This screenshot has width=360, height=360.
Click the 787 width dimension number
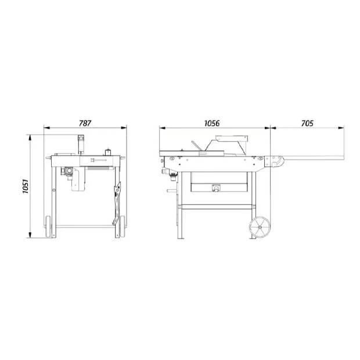[85, 123]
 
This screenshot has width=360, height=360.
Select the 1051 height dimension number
[25, 186]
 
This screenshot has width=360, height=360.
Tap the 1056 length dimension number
[212, 123]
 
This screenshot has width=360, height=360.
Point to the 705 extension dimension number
[307, 123]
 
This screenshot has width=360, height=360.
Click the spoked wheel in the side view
[260, 227]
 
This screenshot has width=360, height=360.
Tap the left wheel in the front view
[48, 226]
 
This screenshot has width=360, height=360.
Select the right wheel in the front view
[122, 226]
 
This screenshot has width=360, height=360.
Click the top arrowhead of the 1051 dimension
[30, 137]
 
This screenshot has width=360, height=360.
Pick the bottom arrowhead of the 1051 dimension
[30, 235]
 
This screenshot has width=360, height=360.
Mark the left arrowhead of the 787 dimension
[46, 128]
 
